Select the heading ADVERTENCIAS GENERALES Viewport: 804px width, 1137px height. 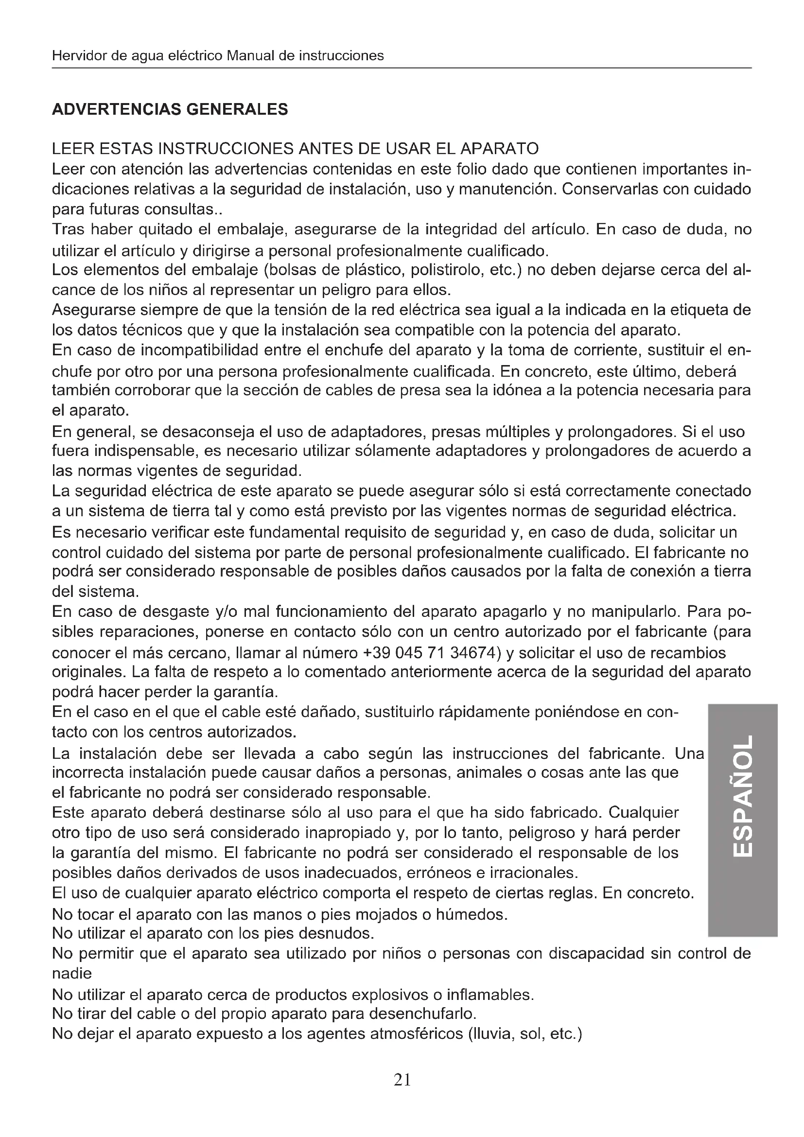[170, 109]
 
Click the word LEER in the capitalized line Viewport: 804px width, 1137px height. [72, 149]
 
